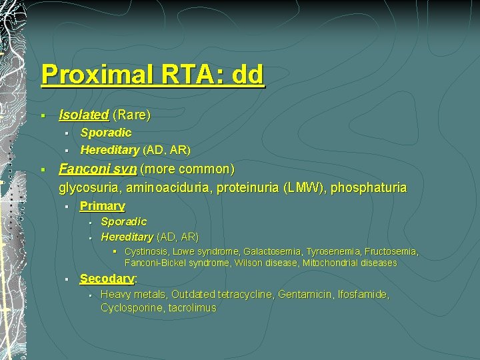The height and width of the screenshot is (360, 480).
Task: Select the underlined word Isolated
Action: point(83,115)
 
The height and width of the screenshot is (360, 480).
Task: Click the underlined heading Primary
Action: point(102,206)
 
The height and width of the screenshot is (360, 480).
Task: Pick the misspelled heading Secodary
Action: point(107,279)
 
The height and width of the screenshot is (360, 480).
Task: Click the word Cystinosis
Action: point(146,251)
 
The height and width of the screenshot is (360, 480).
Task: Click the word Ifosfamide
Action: point(364,294)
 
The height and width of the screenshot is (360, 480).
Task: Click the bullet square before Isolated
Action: point(42,116)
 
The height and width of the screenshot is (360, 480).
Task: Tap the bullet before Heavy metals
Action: point(89,295)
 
